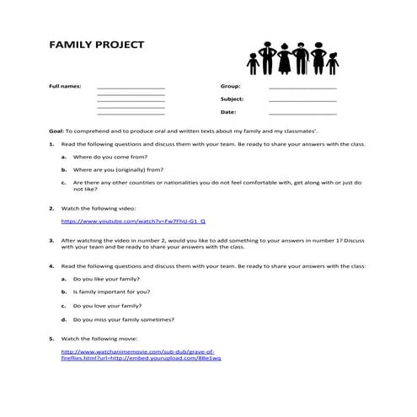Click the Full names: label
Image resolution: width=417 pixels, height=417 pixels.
click(x=65, y=87)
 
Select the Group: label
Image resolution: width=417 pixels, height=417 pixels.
click(x=230, y=87)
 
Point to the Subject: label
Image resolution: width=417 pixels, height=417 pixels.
click(x=233, y=99)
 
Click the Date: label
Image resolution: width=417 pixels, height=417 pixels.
click(x=228, y=111)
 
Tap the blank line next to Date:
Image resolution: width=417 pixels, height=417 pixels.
click(x=302, y=114)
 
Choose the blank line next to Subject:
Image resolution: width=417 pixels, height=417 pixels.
click(x=302, y=101)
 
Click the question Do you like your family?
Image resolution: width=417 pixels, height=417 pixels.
click(x=107, y=277)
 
